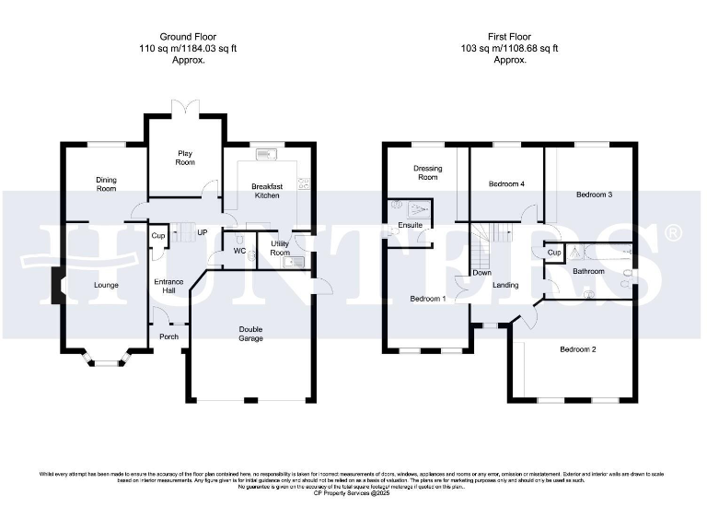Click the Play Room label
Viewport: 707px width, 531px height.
point(186,158)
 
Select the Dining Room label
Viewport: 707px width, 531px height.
point(107,183)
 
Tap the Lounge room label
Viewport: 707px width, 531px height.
point(106,285)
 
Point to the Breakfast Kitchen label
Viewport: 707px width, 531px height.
point(266,191)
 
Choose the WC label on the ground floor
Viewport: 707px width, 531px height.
point(238,251)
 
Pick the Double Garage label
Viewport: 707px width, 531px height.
point(250,334)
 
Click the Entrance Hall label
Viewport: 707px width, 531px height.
point(168,287)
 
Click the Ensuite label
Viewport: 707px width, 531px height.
point(410,225)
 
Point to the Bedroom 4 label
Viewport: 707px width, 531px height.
point(506,183)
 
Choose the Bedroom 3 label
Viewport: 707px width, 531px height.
point(594,195)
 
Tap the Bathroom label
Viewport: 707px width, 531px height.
point(588,272)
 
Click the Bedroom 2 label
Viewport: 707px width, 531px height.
point(578,349)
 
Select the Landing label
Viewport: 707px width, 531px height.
point(505,285)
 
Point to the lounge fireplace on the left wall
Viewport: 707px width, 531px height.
point(55,285)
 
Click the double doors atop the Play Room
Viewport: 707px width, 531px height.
point(186,108)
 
